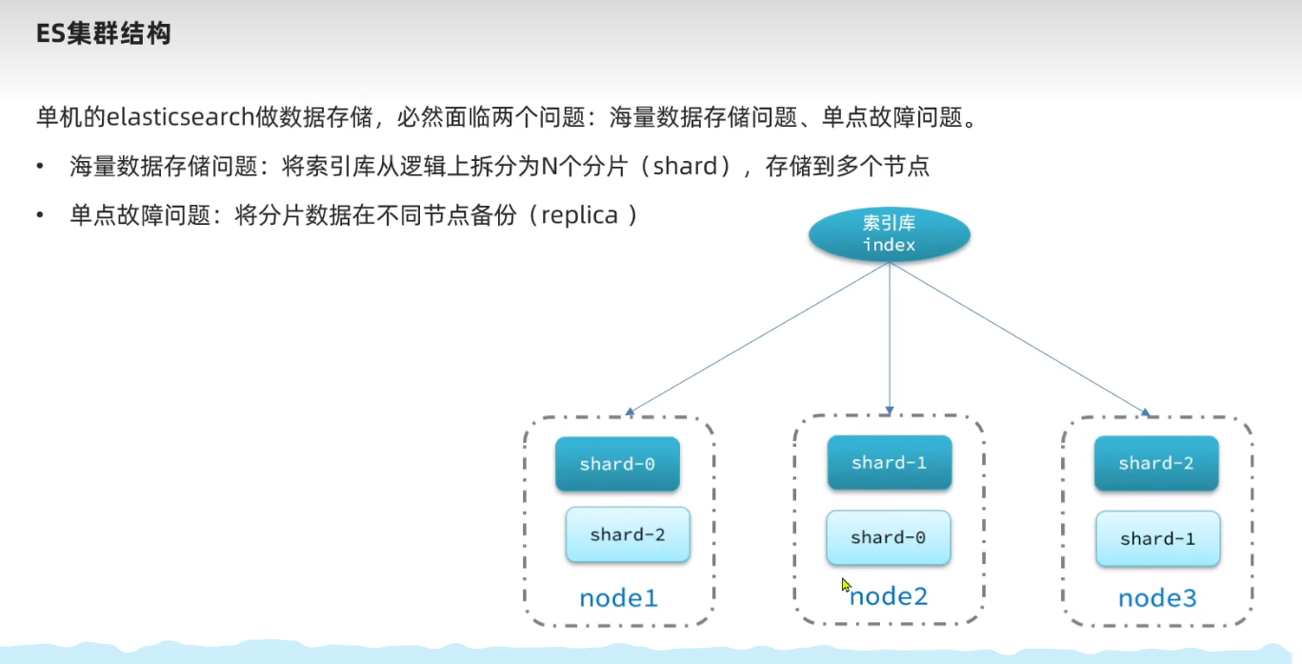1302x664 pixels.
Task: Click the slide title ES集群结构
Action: (x=104, y=33)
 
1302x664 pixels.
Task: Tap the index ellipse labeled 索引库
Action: (x=890, y=234)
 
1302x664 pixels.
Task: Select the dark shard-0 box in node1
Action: (x=617, y=464)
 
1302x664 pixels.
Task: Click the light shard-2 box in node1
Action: (x=628, y=534)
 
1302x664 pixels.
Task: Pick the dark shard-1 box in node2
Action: (x=890, y=462)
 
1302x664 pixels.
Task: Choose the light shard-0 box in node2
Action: (x=888, y=537)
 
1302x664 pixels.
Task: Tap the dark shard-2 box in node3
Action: (x=1156, y=463)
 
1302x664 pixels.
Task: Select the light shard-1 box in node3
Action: (x=1158, y=538)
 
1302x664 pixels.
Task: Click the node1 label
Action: (x=618, y=598)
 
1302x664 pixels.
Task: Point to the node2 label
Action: (x=889, y=596)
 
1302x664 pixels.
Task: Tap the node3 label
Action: (x=1157, y=598)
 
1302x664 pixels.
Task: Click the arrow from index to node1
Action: (x=757, y=339)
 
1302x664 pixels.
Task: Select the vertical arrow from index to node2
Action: (x=890, y=338)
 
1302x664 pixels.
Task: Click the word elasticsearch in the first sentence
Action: (x=180, y=117)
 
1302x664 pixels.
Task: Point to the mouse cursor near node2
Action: (x=846, y=585)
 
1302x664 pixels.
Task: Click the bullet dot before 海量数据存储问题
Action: (x=39, y=167)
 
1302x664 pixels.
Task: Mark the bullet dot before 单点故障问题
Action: (x=39, y=215)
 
